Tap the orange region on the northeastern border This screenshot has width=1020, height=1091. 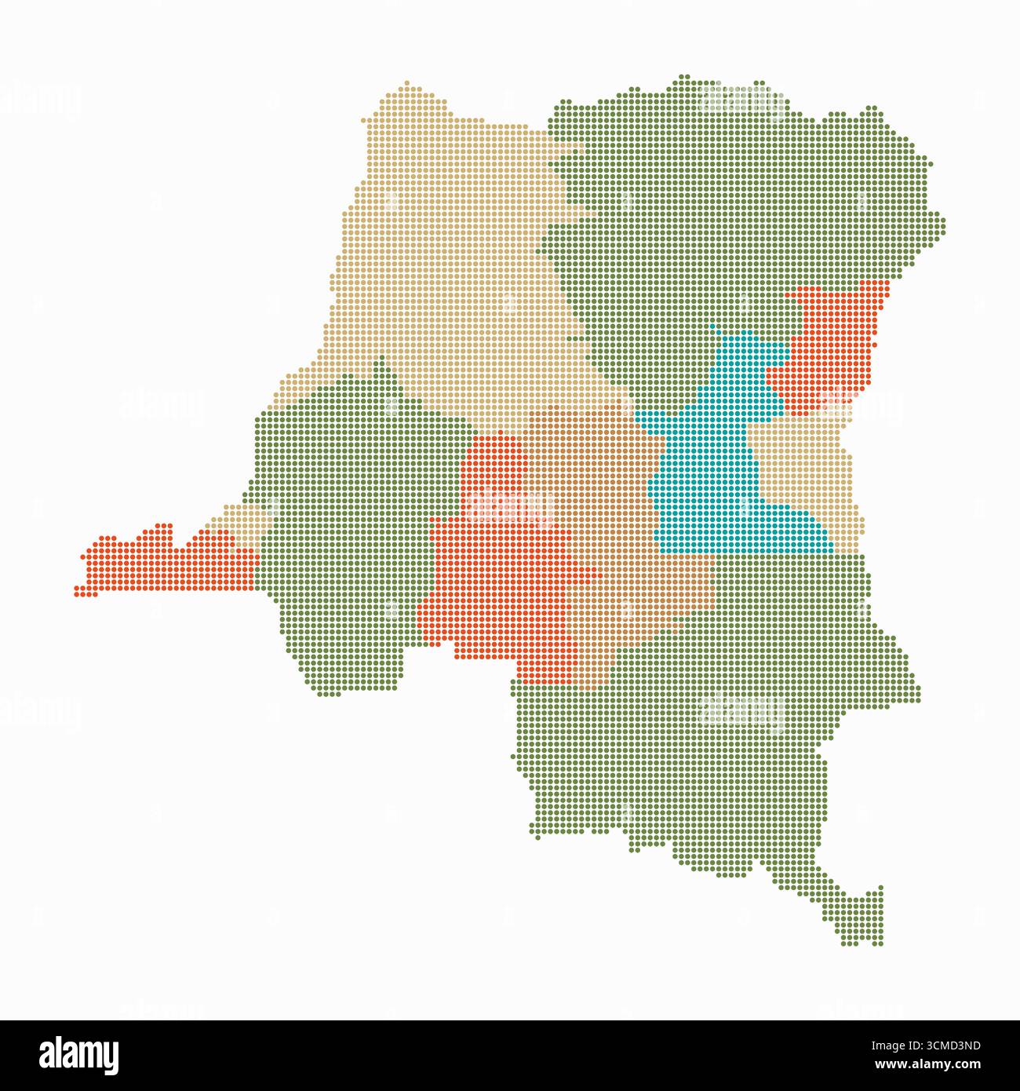(x=832, y=345)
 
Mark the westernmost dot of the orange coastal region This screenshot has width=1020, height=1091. (x=78, y=590)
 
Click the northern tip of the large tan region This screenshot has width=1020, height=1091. (x=408, y=85)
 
